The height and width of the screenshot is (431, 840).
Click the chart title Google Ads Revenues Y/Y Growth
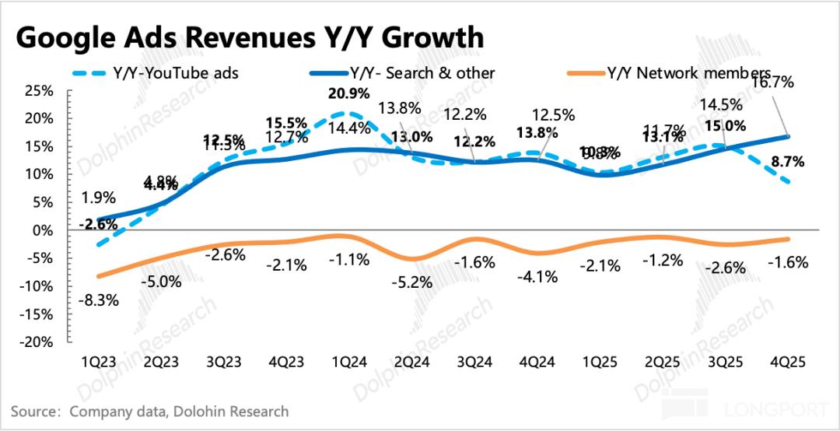250,37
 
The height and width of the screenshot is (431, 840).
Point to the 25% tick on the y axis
38,91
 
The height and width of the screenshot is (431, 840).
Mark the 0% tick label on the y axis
42,230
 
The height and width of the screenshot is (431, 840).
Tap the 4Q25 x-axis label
787,362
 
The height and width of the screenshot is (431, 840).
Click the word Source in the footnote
34,411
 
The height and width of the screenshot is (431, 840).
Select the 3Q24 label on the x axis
472,362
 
